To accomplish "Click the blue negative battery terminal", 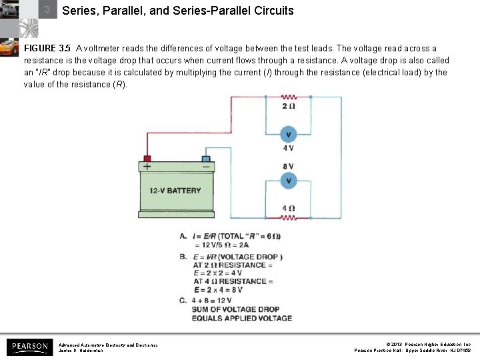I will [205, 159].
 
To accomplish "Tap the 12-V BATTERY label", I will [175, 191].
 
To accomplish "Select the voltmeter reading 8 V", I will [289, 181].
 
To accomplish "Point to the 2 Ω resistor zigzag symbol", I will [289, 97].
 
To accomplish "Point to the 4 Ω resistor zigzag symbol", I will [289, 217].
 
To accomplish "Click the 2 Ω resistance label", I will [289, 107].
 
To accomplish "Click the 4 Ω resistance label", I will [289, 208].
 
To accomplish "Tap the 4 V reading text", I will [289, 148].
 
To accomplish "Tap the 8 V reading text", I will [289, 166].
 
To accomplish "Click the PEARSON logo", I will [29, 347].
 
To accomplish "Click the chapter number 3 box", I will [47, 10].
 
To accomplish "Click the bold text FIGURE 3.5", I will [47, 49].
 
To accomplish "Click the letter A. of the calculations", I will [183, 236].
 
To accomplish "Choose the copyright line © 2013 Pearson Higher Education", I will [413, 344].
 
